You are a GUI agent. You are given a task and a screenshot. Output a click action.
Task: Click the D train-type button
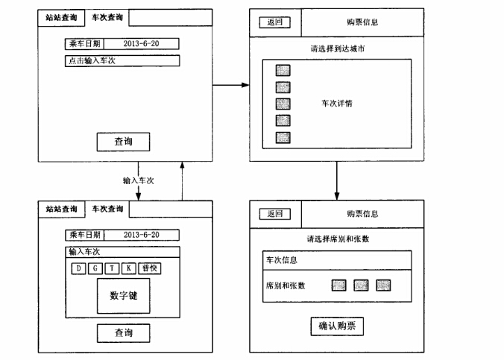79,268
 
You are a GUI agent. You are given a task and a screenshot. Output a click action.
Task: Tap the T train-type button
113,268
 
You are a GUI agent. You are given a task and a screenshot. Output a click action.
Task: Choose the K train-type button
129,268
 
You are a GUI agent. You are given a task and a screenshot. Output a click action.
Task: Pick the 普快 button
149,268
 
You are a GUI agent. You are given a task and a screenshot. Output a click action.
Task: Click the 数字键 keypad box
123,296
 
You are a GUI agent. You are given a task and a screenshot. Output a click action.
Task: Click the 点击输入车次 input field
122,60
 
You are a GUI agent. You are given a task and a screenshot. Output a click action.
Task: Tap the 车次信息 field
336,260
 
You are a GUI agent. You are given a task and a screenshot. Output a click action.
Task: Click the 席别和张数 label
286,285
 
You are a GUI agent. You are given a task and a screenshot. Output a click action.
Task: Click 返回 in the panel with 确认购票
274,214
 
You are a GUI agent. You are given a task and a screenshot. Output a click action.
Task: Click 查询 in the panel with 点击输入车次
124,141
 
